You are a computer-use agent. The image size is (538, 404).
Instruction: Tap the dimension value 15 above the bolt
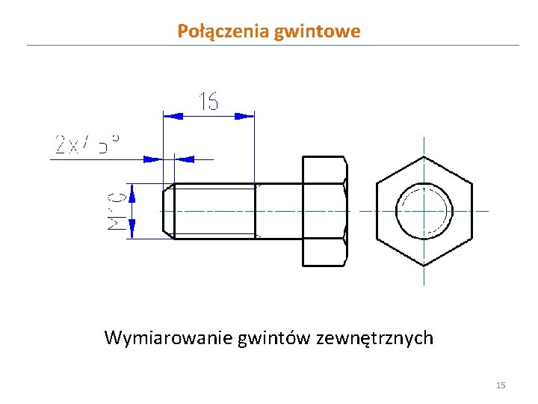click(208, 101)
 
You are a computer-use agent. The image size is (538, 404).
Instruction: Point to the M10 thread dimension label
click(116, 210)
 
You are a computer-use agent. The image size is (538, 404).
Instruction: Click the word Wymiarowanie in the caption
click(168, 338)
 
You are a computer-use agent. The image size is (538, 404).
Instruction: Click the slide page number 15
click(501, 385)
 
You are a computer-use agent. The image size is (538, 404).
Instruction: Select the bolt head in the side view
click(324, 211)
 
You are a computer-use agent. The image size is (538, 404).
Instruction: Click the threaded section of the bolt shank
click(213, 211)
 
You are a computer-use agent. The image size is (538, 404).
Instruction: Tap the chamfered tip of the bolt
click(168, 211)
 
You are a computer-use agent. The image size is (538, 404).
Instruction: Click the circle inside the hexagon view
click(424, 210)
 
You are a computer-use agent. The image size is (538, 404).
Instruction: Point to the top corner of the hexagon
click(424, 156)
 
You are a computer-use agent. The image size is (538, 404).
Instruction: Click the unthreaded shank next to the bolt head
click(278, 211)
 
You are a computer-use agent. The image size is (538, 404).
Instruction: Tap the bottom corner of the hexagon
click(424, 265)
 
